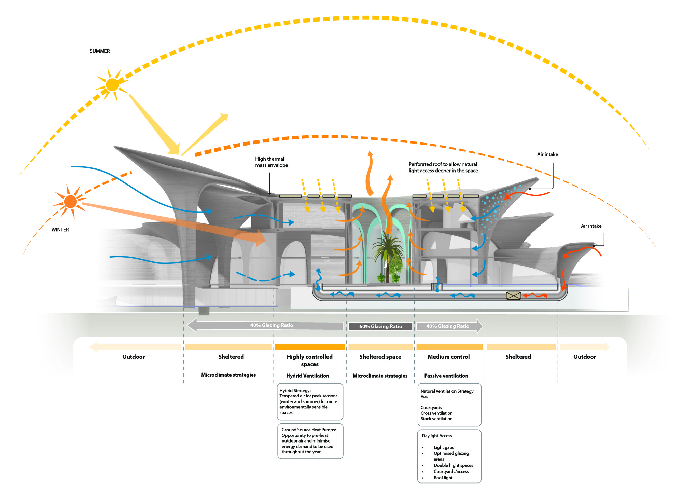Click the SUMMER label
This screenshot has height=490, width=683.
[x=100, y=51]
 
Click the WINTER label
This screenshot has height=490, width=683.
[x=60, y=230]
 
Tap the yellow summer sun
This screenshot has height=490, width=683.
[x=112, y=85]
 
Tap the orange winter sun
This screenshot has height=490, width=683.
[x=70, y=202]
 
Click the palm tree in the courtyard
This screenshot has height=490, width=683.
[x=388, y=253]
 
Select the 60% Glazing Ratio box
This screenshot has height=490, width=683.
[x=380, y=326]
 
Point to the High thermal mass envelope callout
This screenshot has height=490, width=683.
[x=271, y=162]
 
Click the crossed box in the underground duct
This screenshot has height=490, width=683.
[x=513, y=296]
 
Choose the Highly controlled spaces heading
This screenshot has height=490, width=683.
[x=309, y=360]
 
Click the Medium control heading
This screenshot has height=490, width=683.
[x=448, y=357]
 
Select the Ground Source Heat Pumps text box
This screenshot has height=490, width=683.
[x=310, y=441]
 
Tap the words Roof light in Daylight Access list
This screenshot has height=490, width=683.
[x=443, y=478]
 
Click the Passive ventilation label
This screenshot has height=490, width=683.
[x=446, y=376]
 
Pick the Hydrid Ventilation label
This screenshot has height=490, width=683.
[x=307, y=376]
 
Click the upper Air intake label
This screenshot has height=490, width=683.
[x=547, y=154]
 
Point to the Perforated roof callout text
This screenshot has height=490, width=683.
[x=443, y=167]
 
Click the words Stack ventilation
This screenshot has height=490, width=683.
[x=436, y=419]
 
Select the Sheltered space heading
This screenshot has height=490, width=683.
[x=380, y=357]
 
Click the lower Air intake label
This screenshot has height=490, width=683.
[x=591, y=226]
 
